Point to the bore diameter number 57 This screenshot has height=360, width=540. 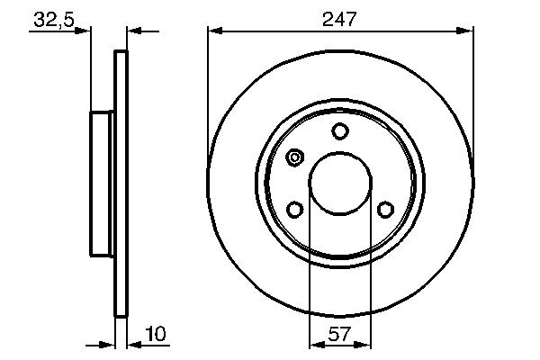[338, 335]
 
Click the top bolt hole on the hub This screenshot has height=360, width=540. [339, 131]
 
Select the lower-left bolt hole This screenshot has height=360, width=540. [294, 210]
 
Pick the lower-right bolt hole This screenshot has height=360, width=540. [385, 210]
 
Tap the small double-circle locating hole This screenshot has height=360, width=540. [294, 158]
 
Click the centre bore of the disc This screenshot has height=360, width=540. [339, 183]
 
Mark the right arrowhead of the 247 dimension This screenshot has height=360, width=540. [466, 31]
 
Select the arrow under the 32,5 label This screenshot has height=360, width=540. [85, 31]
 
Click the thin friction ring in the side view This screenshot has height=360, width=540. [121, 183]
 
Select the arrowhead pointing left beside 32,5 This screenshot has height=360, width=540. [134, 31]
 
